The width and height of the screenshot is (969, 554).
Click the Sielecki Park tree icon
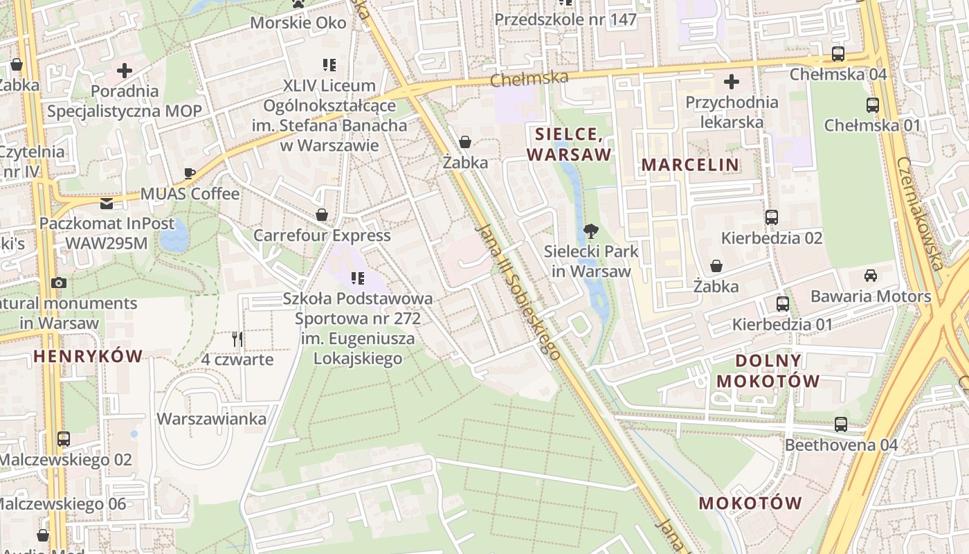point(590,231)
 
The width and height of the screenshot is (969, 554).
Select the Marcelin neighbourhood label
point(690,165)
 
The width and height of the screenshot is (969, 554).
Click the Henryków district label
point(88,357)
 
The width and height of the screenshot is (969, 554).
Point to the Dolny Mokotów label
point(768,370)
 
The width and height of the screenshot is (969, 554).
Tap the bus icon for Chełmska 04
point(838,54)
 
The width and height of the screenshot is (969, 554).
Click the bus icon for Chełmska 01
point(873,105)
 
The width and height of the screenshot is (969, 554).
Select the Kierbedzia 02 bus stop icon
point(772,217)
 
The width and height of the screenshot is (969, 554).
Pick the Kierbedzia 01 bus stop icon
point(783,303)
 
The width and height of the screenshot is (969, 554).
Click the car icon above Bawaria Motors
point(871,275)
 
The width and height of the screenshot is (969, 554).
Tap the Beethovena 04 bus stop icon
point(841,424)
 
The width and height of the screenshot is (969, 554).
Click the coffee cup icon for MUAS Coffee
point(190,173)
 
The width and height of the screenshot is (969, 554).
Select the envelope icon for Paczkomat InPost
point(107,203)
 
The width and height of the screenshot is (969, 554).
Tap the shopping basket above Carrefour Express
point(321,215)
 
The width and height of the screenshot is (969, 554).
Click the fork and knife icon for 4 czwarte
point(237,339)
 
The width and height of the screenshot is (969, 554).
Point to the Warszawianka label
point(211,419)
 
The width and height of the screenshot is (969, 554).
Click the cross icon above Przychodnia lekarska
point(731,82)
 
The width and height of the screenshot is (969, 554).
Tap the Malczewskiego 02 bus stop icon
point(64,438)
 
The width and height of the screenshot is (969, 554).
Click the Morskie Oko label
point(298,22)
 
